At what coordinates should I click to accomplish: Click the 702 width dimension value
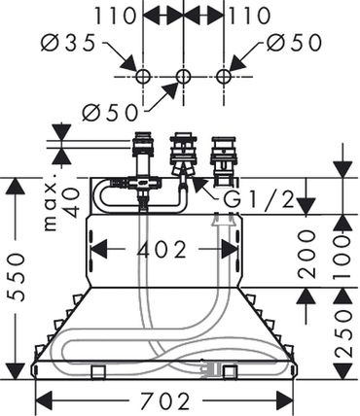click(x=164, y=400)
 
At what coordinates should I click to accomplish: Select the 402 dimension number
click(x=162, y=250)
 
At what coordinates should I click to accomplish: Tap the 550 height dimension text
click(x=16, y=278)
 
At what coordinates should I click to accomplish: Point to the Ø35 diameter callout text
click(x=68, y=43)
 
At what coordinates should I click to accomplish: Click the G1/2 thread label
click(x=258, y=199)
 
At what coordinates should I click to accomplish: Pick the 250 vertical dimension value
click(x=343, y=333)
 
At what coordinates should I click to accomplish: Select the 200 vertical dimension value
click(x=306, y=255)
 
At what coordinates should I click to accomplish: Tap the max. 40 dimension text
click(x=61, y=203)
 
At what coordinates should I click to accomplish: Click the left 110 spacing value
click(x=115, y=16)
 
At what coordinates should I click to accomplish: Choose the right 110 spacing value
click(x=250, y=16)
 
